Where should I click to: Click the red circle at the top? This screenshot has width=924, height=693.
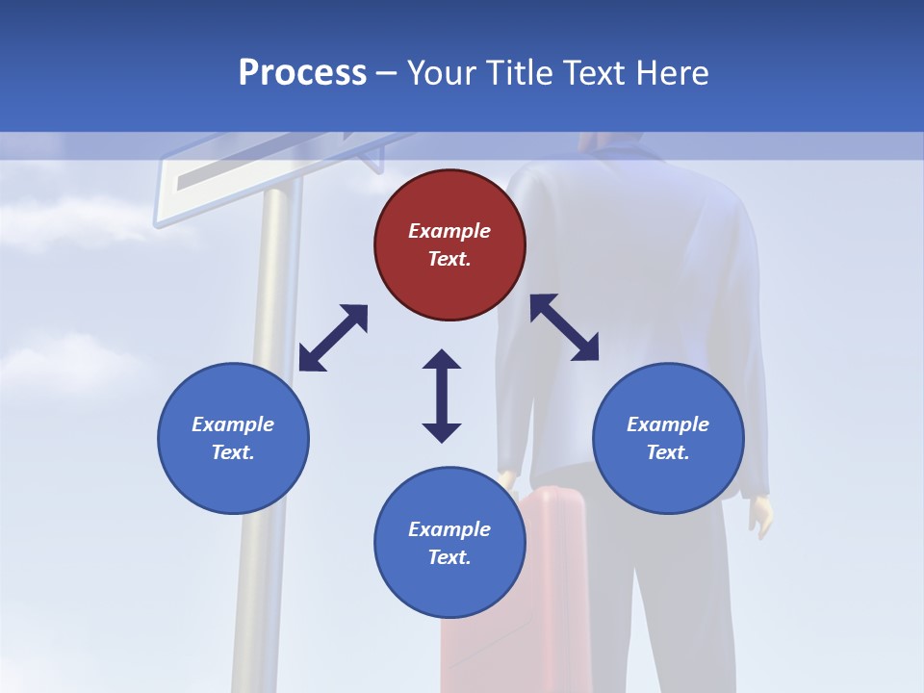point(449,245)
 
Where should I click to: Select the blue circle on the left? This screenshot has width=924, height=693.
point(233,438)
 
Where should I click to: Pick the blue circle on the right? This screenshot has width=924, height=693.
point(668,438)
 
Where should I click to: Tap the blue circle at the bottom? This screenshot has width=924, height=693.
point(449,543)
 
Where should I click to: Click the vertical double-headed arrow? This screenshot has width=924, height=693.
point(442,396)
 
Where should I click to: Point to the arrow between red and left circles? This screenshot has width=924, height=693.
point(333,338)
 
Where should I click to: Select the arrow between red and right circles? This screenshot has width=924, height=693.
point(564,327)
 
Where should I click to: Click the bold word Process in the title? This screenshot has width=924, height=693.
point(302,73)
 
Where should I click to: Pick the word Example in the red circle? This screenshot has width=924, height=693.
point(449,231)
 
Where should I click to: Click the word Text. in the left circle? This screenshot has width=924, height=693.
point(233,452)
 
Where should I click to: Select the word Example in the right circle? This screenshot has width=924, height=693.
point(668,424)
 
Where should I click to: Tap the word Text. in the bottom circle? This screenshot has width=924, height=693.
point(449,557)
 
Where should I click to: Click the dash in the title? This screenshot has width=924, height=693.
point(387,73)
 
